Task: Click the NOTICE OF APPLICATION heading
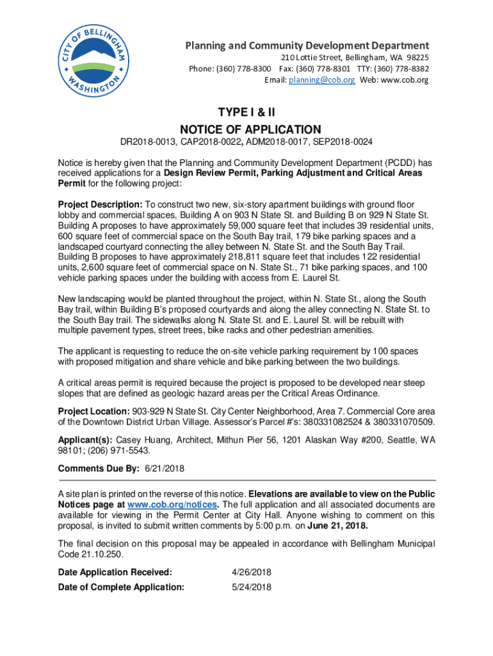click(x=247, y=129)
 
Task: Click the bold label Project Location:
click(x=93, y=411)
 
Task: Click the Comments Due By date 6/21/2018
click(x=164, y=468)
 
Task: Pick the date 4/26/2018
click(x=251, y=572)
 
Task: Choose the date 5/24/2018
click(x=251, y=587)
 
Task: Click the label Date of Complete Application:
click(x=121, y=587)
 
